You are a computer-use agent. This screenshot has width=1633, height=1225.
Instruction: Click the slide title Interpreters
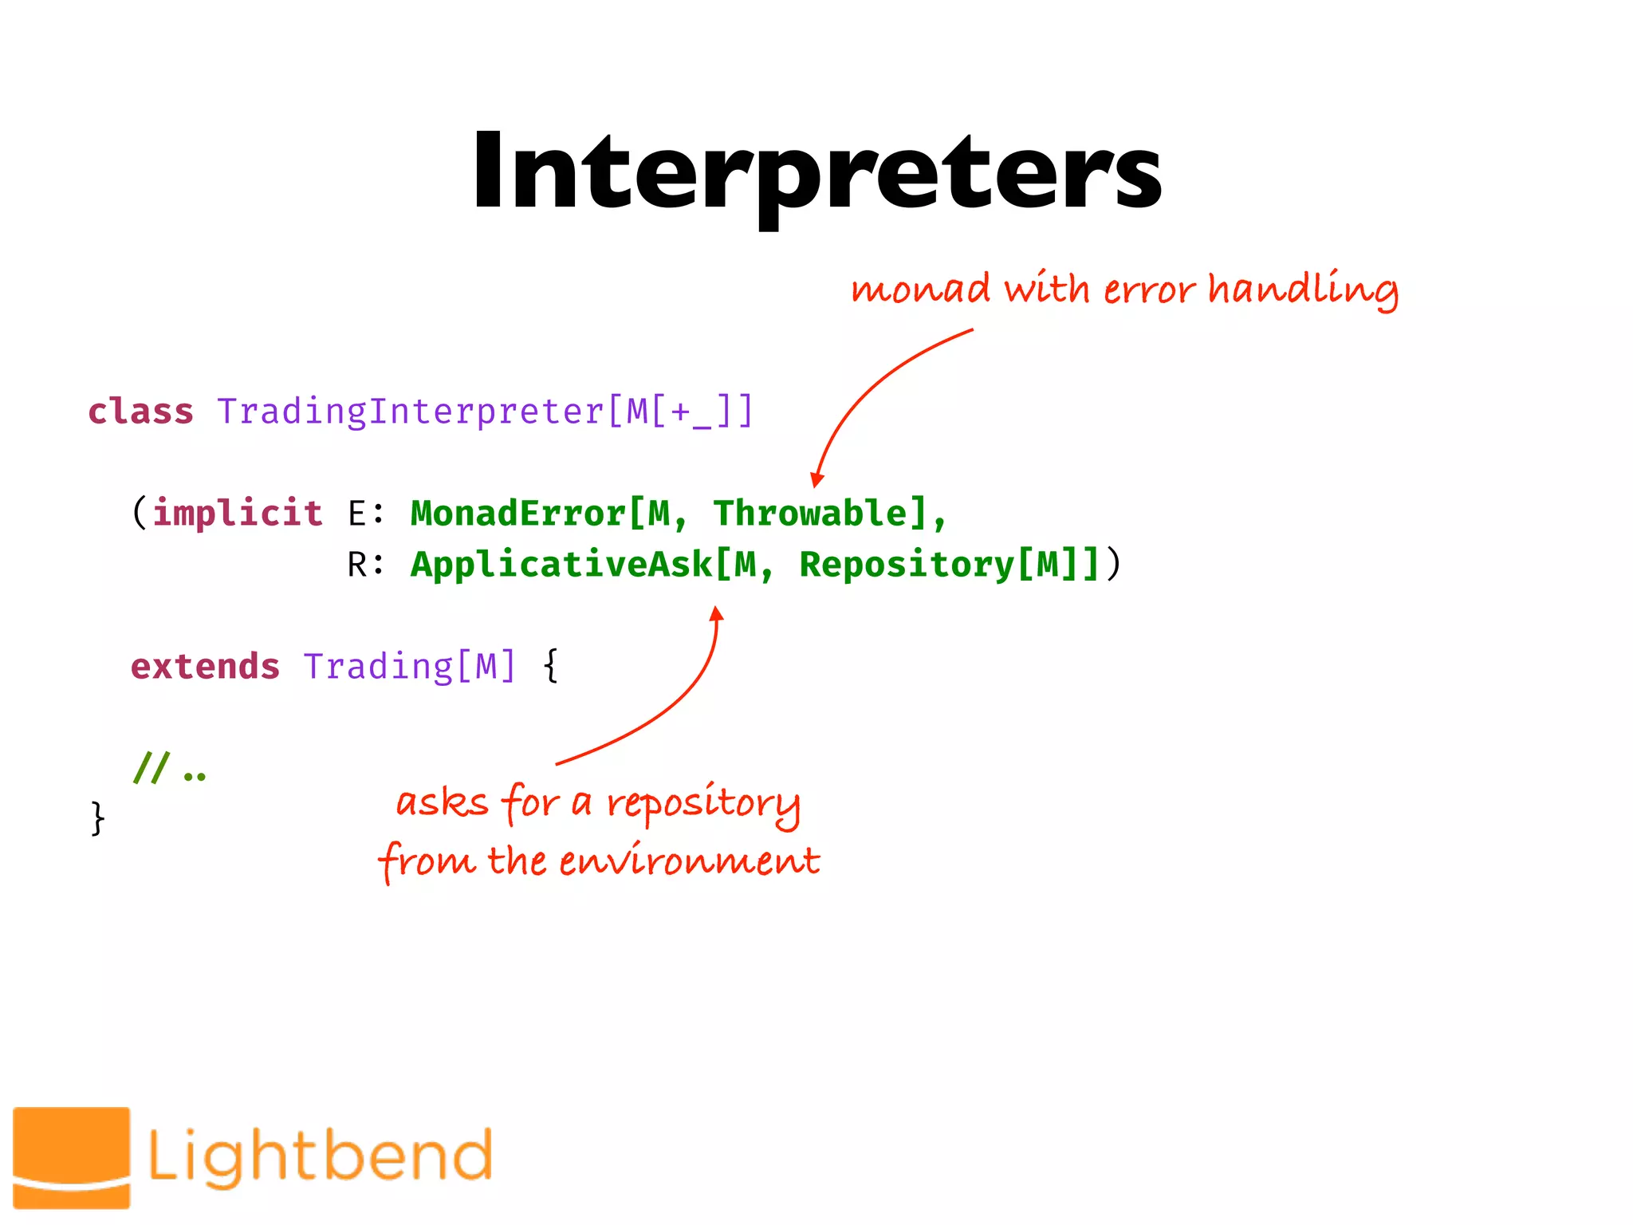[x=816, y=171]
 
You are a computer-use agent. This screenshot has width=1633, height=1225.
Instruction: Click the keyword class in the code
[x=140, y=412]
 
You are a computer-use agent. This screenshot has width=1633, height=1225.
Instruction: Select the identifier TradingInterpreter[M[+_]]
[x=485, y=412]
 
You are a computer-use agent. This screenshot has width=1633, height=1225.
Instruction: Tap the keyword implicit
[x=238, y=513]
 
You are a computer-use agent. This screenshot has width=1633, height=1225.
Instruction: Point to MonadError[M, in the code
[x=549, y=513]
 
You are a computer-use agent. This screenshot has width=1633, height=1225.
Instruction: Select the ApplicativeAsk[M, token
[x=592, y=565]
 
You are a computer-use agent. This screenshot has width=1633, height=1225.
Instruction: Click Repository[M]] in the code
[x=949, y=565]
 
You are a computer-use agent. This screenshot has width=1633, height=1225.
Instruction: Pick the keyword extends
[x=205, y=666]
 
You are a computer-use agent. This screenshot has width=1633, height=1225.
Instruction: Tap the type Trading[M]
[x=410, y=666]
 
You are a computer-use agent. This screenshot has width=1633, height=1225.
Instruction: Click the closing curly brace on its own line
[x=97, y=818]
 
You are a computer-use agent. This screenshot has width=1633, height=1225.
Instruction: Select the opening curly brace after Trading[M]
[x=550, y=666]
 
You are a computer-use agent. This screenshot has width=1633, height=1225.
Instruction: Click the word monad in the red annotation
[x=920, y=289]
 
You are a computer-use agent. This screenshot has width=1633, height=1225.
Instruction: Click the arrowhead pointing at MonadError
[x=816, y=479]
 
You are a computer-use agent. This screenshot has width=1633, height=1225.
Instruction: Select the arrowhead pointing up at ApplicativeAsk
[x=717, y=613]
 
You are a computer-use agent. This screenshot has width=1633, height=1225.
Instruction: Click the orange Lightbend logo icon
[x=72, y=1156]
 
